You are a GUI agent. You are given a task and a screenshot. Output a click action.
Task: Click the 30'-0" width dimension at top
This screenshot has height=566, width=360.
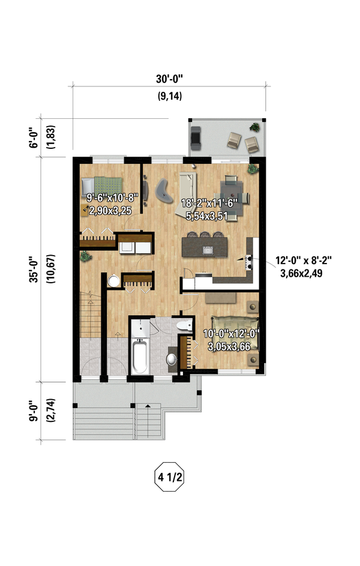(x=169, y=79)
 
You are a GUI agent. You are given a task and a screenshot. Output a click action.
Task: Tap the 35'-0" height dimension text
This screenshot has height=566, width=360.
(x=34, y=269)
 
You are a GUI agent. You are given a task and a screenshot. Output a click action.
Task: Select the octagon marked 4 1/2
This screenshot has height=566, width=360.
(x=169, y=477)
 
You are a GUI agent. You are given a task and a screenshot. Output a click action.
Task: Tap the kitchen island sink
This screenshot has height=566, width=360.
(x=208, y=250)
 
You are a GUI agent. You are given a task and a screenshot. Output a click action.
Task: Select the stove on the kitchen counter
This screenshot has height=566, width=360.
(x=248, y=262)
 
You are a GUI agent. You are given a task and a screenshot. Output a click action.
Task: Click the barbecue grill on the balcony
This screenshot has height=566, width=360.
(x=196, y=138)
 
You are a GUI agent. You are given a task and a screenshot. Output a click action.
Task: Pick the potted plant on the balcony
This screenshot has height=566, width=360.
(x=254, y=127)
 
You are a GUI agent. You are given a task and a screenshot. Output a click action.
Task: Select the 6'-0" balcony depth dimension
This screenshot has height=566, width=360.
(x=34, y=137)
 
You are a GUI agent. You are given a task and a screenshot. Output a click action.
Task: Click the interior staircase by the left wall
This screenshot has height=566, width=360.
(x=90, y=314)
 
